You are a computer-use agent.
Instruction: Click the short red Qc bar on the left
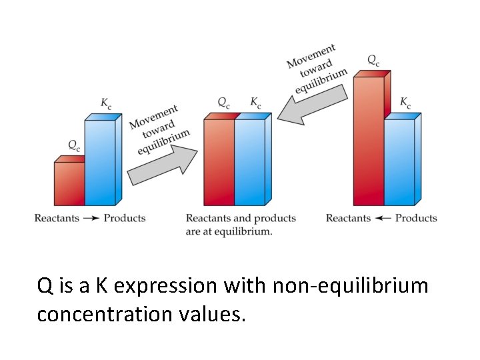pos(69,183)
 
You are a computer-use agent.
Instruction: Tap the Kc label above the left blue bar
pos(106,103)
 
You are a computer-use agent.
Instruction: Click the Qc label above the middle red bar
pos(224,103)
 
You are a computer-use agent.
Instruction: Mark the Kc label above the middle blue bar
pos(256,103)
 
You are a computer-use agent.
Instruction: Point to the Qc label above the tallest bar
pos(374,59)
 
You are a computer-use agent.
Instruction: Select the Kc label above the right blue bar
pos(405,103)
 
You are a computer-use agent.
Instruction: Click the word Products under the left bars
pos(125,218)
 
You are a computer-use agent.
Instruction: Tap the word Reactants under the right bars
pos(348,218)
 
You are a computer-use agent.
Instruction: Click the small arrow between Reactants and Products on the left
pos(91,218)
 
